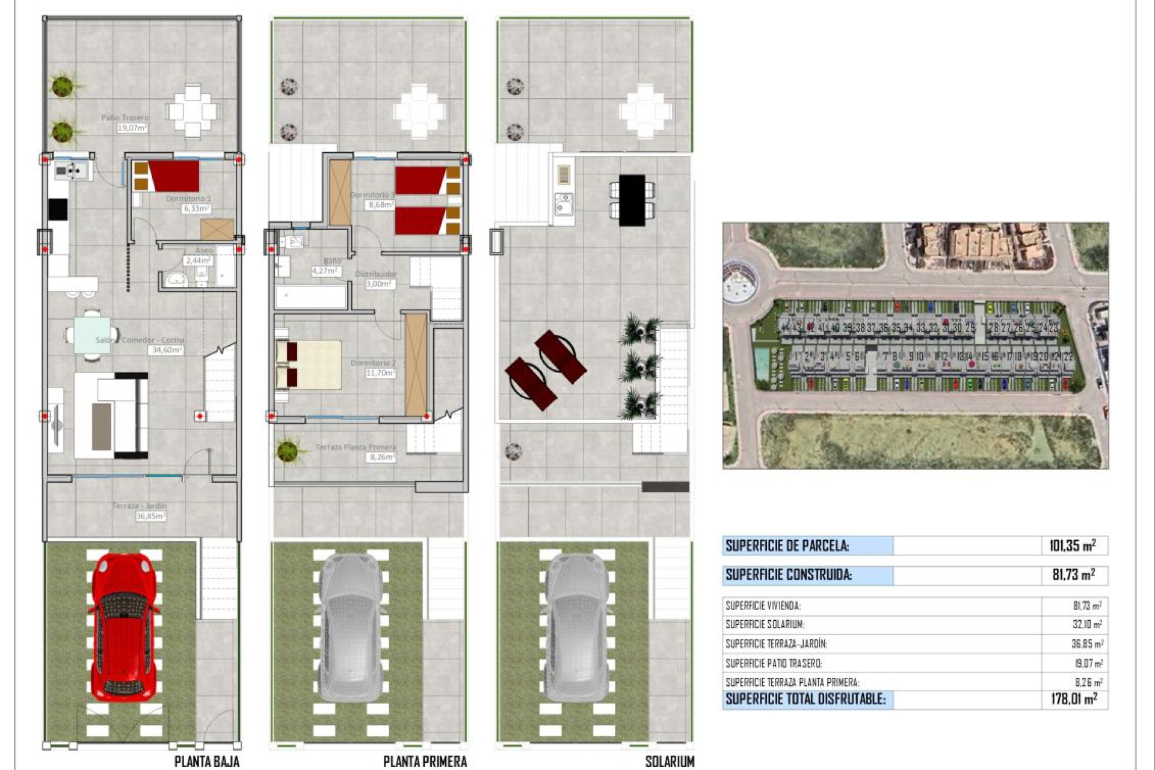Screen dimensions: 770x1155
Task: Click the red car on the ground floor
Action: [x=123, y=629]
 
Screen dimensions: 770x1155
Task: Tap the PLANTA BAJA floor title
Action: [x=206, y=762]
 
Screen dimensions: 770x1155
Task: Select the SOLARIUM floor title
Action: [x=669, y=762]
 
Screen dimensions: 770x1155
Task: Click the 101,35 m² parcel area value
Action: [x=1072, y=546]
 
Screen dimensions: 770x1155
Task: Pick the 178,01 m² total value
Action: [x=1074, y=699]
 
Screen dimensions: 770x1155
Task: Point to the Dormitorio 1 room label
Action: [x=188, y=199]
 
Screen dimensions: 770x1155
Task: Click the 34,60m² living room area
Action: [x=165, y=350]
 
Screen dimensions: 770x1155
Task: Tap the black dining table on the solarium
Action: [x=632, y=200]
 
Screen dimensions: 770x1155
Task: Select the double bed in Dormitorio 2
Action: [x=308, y=365]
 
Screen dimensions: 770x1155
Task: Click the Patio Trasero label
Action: [x=125, y=118]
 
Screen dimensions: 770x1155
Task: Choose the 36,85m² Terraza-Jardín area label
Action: [x=150, y=516]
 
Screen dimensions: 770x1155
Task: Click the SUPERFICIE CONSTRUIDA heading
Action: [x=788, y=575]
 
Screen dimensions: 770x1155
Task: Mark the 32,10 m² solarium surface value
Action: [x=1086, y=625]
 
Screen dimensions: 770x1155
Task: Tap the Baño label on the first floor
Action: [x=331, y=261]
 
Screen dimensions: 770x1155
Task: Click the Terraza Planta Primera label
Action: [x=356, y=448]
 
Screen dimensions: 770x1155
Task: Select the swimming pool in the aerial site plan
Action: [x=762, y=362]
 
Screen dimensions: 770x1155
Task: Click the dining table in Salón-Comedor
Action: [x=92, y=334]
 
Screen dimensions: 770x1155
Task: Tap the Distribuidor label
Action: [x=375, y=274]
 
